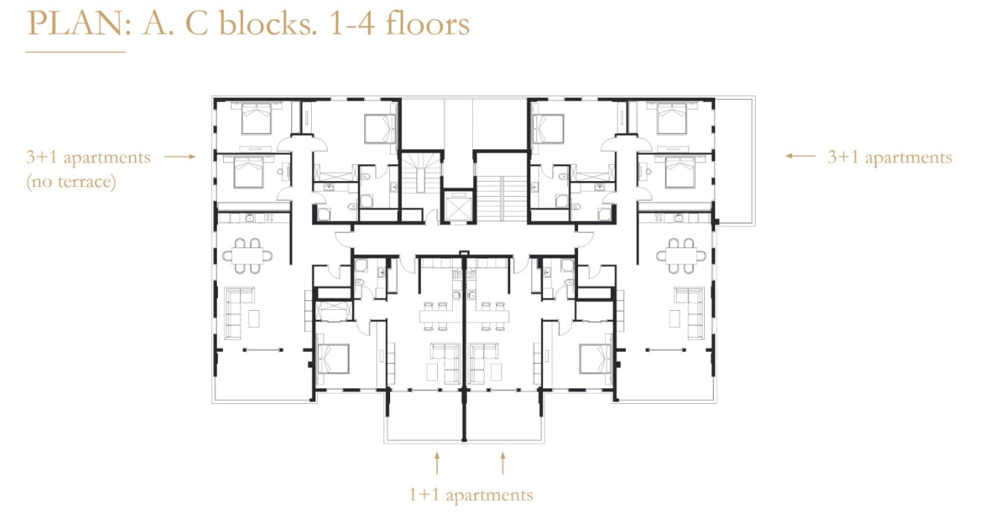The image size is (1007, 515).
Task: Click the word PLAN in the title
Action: point(78,23)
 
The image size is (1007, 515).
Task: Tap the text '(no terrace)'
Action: point(71,182)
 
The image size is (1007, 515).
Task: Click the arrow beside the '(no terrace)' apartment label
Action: point(180,157)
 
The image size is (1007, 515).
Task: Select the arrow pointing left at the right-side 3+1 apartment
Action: point(800,157)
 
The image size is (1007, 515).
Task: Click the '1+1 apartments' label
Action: point(471,495)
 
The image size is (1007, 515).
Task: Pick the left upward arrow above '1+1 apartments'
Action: point(436,464)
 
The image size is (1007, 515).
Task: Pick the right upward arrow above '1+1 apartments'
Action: point(503,464)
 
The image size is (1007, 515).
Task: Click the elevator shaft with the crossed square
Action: point(458,206)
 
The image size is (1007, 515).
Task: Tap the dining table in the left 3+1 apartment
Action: point(247,256)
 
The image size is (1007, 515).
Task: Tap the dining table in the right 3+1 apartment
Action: point(680,256)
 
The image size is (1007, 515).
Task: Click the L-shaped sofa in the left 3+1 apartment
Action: point(239,313)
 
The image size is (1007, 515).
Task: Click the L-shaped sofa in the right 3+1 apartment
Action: point(688,313)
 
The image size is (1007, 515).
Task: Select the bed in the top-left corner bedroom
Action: point(257,118)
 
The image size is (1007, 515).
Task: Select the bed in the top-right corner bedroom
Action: point(671,118)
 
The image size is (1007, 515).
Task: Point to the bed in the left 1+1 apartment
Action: point(333,358)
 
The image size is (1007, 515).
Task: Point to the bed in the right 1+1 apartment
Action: point(595,358)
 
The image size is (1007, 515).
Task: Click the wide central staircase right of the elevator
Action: point(501,198)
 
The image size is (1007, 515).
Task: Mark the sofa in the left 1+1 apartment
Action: point(445,363)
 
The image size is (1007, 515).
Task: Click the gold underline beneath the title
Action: point(75,52)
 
